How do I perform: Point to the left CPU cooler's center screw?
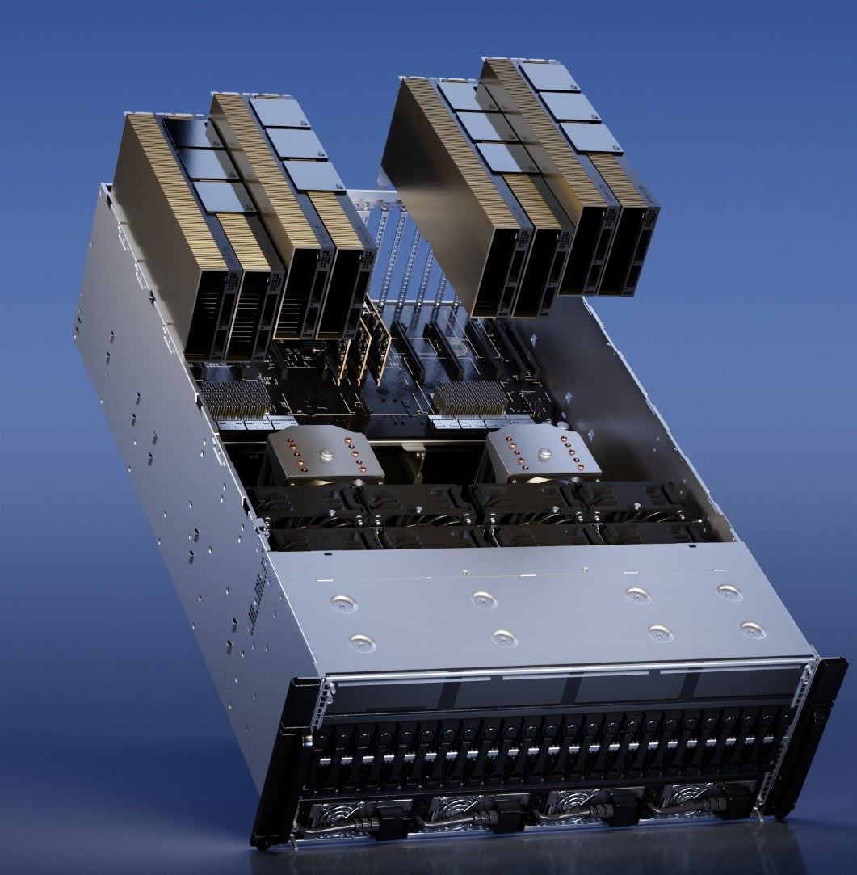pyautogui.click(x=326, y=455)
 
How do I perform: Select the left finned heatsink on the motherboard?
pyautogui.click(x=235, y=398)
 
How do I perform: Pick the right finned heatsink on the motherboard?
pyautogui.click(x=469, y=398)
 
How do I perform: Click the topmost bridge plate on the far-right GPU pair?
pyautogui.click(x=549, y=76)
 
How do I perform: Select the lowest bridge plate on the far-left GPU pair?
pyautogui.click(x=222, y=197)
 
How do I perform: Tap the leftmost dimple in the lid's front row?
pyautogui.click(x=361, y=642)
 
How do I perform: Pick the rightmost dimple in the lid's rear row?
pyautogui.click(x=729, y=592)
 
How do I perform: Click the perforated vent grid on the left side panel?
pyautogui.click(x=258, y=593)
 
